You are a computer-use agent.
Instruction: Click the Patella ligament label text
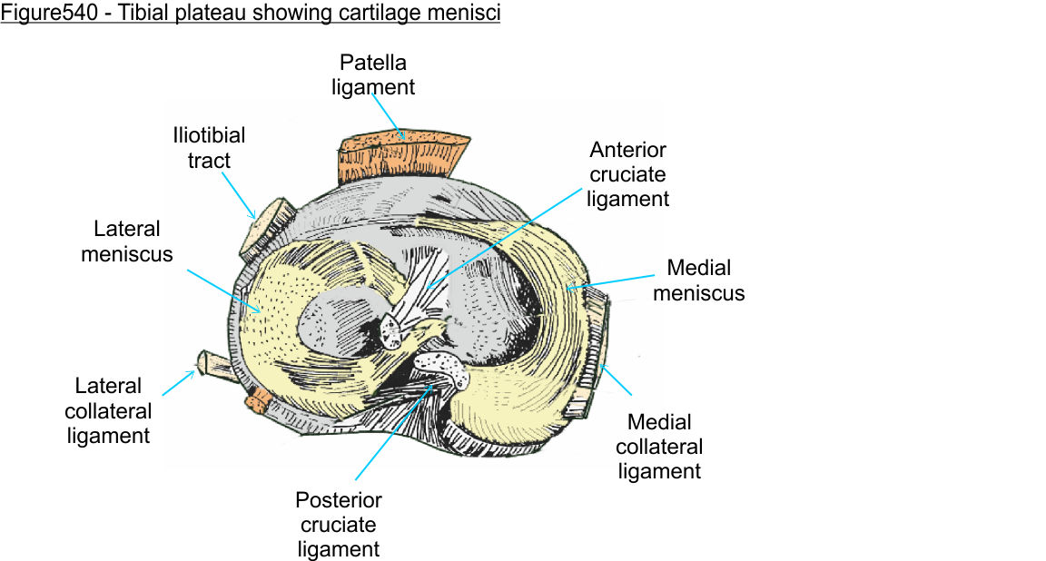373,75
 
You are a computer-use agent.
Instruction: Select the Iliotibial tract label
209,148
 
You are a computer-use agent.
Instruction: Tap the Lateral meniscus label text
126,241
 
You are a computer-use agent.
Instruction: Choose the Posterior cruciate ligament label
339,525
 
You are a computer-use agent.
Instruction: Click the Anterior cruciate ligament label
627,174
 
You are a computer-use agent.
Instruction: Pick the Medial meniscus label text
698,280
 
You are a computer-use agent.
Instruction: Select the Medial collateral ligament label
659,447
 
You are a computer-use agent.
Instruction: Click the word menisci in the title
467,15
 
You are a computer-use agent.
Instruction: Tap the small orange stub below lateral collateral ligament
258,398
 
